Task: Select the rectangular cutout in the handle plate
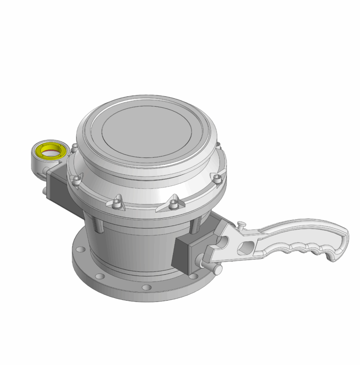[x=245, y=246]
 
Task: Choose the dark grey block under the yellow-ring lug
[x=57, y=185]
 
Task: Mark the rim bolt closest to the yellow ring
[x=73, y=149]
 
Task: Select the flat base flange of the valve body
[x=119, y=287]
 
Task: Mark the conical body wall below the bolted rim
[x=137, y=242]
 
